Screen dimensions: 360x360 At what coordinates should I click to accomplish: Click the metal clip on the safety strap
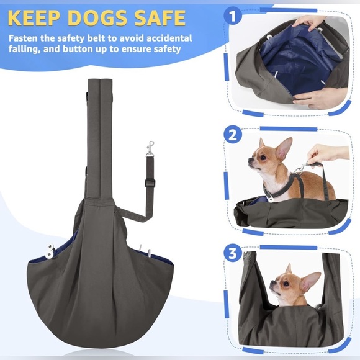pos(150,149)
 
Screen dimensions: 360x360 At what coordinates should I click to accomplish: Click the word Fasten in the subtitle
pos(27,37)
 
